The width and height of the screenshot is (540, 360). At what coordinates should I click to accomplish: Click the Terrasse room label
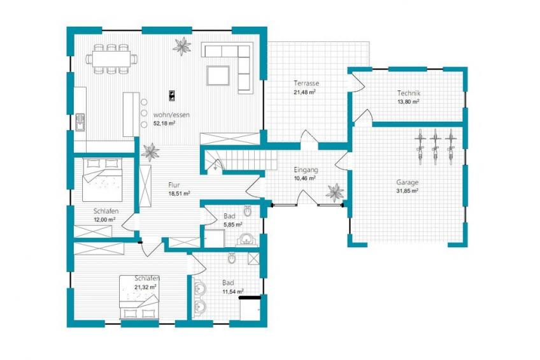click(306, 83)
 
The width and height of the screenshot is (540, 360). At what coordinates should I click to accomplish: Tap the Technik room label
click(408, 93)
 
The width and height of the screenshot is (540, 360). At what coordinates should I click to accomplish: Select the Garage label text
click(407, 182)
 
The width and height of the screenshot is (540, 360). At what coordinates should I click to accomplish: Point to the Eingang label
click(306, 170)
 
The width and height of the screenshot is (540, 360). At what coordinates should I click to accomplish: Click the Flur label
click(174, 185)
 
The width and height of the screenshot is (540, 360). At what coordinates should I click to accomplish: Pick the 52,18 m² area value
click(164, 124)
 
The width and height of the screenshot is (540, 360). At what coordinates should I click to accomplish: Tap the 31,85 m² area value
click(407, 191)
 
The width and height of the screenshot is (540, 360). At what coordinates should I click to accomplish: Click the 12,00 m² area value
click(104, 219)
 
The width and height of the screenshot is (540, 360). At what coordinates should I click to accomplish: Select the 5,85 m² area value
click(233, 224)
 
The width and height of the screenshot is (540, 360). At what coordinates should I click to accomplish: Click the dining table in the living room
click(111, 59)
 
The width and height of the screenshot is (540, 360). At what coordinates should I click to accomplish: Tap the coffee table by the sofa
click(218, 75)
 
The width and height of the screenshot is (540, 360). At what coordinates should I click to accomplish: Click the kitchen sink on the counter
click(80, 122)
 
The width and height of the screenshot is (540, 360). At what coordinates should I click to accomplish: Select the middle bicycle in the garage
click(436, 146)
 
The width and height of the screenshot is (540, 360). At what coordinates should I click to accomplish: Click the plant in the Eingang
click(335, 192)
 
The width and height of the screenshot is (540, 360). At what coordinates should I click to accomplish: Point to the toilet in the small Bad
click(247, 211)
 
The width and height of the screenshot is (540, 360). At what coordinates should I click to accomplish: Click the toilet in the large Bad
click(232, 258)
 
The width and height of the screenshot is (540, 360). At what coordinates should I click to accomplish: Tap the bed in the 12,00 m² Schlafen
click(103, 180)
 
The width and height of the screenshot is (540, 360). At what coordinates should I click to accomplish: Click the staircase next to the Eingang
click(242, 160)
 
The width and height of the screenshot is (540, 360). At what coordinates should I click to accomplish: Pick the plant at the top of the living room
click(181, 46)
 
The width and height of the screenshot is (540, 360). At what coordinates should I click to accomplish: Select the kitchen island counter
click(131, 114)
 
